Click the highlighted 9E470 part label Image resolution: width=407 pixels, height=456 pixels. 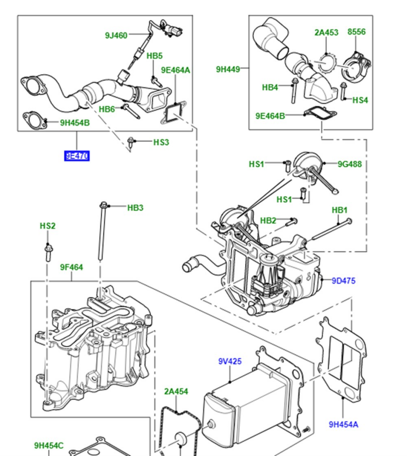point(77,156)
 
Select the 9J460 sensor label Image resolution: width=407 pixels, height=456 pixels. point(116,35)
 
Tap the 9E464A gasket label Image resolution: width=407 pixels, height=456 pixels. point(175,70)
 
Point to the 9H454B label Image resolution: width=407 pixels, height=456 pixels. point(75,123)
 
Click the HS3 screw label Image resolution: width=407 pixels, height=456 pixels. point(161,142)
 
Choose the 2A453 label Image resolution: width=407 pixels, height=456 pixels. point(326,32)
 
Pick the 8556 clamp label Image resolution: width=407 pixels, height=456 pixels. point(356,32)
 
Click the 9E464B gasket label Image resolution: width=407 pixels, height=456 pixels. point(270,115)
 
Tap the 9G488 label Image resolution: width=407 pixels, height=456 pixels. point(350,164)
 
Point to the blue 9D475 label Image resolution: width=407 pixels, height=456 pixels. point(343,281)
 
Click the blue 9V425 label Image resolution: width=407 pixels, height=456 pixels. point(230,361)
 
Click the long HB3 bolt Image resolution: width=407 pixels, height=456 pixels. point(101,233)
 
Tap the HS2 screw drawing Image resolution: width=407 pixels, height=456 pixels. point(47,252)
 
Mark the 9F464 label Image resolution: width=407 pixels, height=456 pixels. point(71,267)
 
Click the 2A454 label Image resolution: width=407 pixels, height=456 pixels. point(176,392)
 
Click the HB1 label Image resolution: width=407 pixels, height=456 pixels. point(340,210)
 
